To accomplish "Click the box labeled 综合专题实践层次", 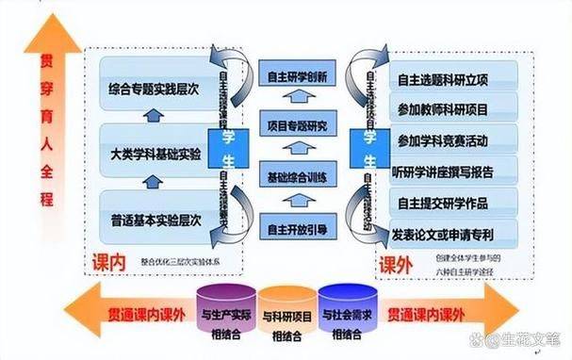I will [155, 91].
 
